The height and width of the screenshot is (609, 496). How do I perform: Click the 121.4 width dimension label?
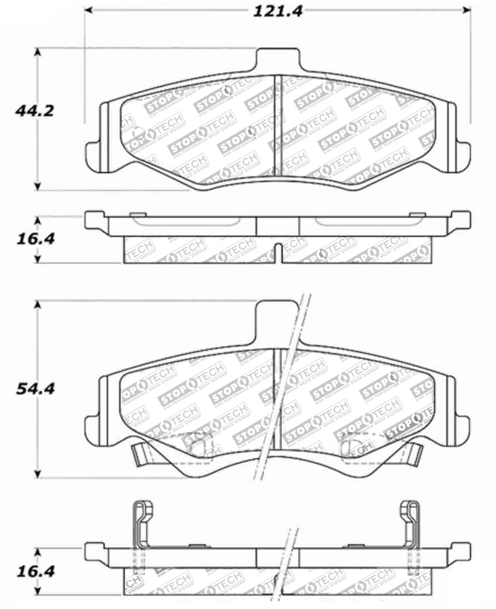click(x=277, y=11)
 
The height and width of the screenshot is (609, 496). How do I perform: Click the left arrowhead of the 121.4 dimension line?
click(x=89, y=11)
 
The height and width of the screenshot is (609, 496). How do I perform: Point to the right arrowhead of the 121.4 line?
click(x=467, y=11)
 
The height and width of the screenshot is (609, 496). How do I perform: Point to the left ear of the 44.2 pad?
click(x=93, y=150)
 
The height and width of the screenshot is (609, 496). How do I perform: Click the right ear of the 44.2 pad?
click(x=462, y=150)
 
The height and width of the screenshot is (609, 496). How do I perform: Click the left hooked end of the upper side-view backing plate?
click(x=93, y=220)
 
